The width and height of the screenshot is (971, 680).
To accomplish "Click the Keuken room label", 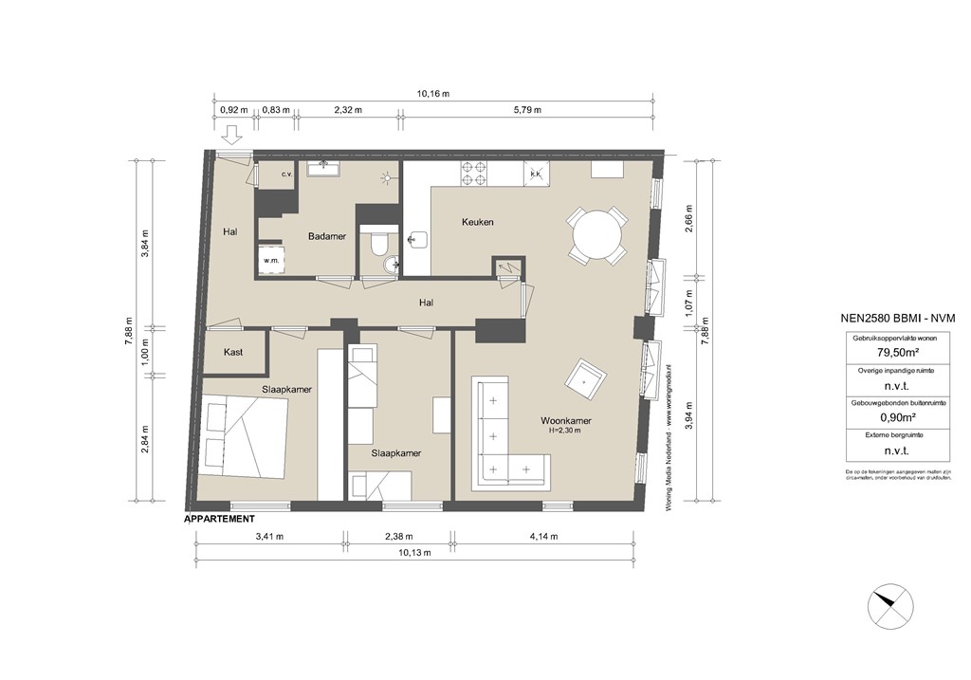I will pyautogui.click(x=478, y=222).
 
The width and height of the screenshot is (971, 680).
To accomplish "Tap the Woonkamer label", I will pyautogui.click(x=566, y=420).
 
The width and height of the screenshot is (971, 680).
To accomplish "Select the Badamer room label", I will pyautogui.click(x=325, y=237).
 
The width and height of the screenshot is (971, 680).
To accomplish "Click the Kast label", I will pyautogui.click(x=233, y=352).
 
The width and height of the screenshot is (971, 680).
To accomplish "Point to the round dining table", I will pyautogui.click(x=596, y=234).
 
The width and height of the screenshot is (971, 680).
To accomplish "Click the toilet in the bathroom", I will pyautogui.click(x=378, y=245).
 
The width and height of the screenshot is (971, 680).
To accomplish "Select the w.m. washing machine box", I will pyautogui.click(x=271, y=260).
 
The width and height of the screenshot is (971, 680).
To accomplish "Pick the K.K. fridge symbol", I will pyautogui.click(x=535, y=173).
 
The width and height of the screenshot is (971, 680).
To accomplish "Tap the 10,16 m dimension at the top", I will pyautogui.click(x=433, y=94).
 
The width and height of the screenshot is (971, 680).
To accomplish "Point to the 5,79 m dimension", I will pyautogui.click(x=527, y=110).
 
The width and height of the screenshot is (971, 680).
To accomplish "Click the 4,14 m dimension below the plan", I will pyautogui.click(x=542, y=537).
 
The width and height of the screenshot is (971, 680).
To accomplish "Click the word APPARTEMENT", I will pyautogui.click(x=219, y=519).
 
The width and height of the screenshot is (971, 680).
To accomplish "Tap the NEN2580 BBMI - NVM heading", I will pyautogui.click(x=896, y=319).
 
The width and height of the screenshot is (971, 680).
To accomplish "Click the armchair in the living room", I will pyautogui.click(x=584, y=380).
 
